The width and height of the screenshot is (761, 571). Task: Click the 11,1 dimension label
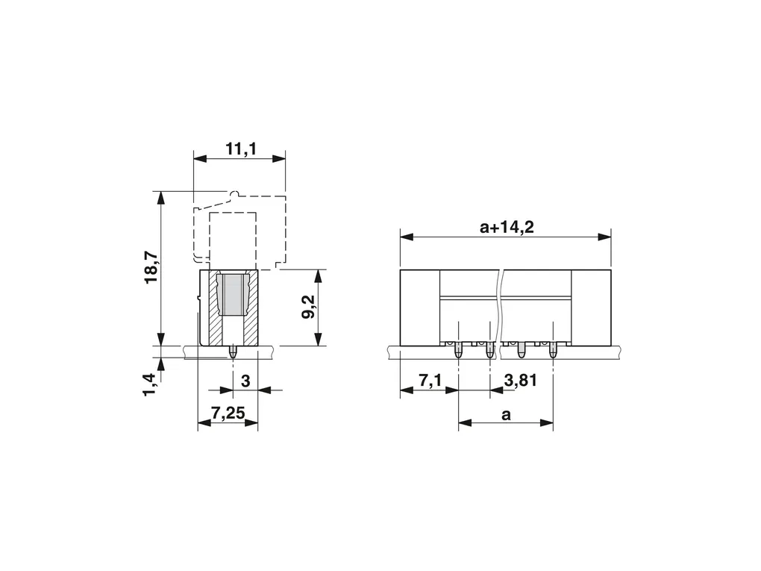[x=241, y=149]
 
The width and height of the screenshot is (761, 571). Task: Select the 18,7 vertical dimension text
[x=151, y=267]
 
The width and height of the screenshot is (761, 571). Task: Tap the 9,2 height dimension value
[x=308, y=307]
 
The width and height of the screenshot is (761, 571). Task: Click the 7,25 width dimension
[x=228, y=414]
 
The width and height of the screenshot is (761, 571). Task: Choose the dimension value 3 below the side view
[x=245, y=381]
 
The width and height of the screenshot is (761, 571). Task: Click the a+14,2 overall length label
[x=507, y=227]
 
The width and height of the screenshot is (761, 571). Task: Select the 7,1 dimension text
[x=430, y=381]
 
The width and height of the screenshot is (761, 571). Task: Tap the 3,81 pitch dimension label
[x=520, y=381]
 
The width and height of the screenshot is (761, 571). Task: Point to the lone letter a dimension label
[x=506, y=415]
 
